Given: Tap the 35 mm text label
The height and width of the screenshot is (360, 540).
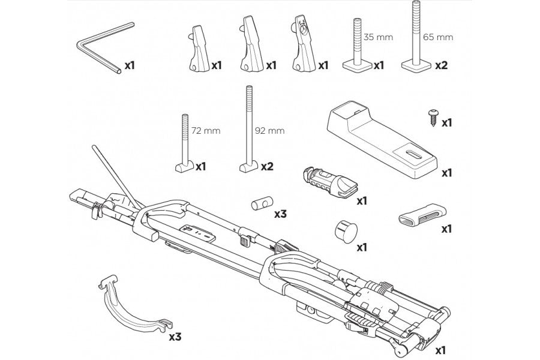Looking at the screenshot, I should [x=380, y=37].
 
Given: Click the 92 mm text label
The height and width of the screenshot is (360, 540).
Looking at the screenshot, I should [x=269, y=130].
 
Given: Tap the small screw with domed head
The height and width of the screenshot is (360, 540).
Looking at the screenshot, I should [x=431, y=116].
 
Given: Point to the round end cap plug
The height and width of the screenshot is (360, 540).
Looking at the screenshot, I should [x=343, y=230].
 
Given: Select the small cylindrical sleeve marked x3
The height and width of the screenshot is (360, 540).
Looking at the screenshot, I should [x=259, y=204].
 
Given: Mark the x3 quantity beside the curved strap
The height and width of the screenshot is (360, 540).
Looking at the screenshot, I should [x=175, y=337].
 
